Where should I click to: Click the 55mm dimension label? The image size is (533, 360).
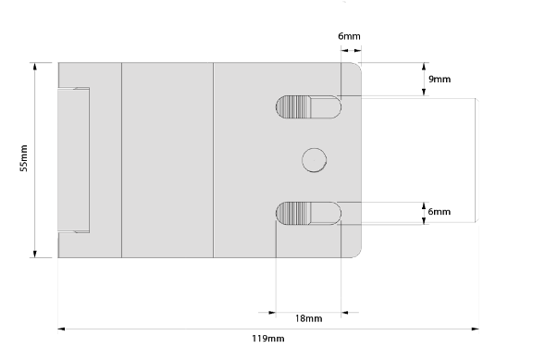[24, 158]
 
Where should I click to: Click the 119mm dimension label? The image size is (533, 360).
[267, 339]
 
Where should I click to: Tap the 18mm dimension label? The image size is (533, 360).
[308, 318]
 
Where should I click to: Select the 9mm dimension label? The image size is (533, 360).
[440, 80]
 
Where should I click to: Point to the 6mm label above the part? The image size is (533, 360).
[349, 36]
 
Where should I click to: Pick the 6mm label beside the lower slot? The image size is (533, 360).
[440, 212]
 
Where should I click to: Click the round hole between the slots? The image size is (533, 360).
[314, 160]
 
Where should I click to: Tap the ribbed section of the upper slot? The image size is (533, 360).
[293, 107]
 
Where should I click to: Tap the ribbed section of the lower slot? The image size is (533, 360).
[293, 213]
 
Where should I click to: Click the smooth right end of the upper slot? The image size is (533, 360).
[326, 107]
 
